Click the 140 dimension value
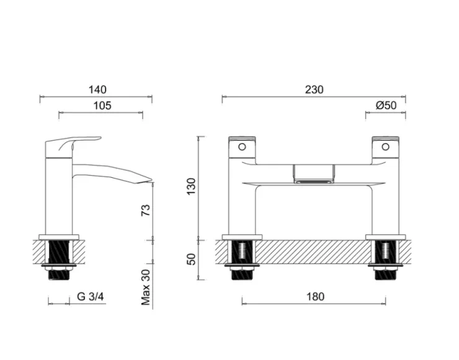[x=97, y=90]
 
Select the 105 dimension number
[x=102, y=105]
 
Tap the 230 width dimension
[x=314, y=90]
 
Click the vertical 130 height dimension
[x=192, y=187]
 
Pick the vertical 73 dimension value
[x=146, y=211]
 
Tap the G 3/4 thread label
[x=90, y=296]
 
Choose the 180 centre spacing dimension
[x=315, y=297]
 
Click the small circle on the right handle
[x=385, y=147]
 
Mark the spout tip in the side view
[x=149, y=180]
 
